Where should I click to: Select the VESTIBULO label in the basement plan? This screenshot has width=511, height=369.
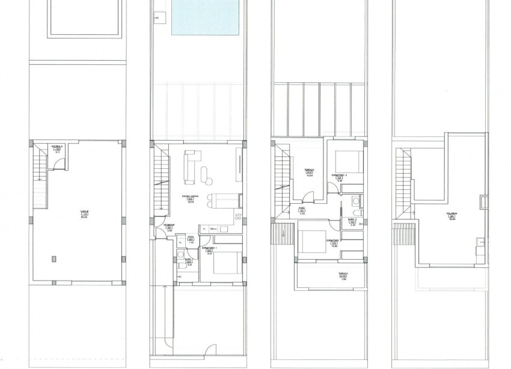click(x=57, y=146)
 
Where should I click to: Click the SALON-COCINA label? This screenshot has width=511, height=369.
click(x=191, y=197)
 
